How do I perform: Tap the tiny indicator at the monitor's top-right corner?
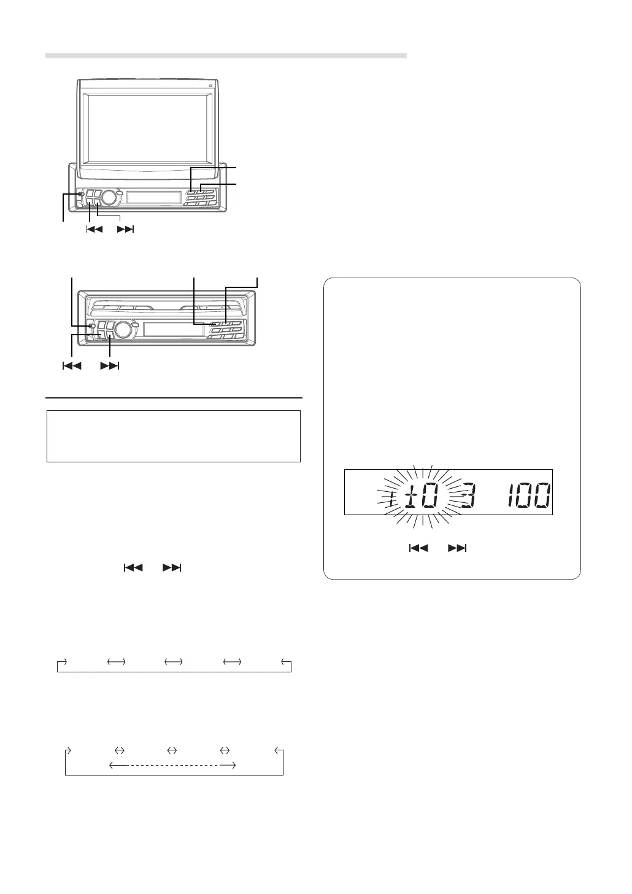coord(210,85)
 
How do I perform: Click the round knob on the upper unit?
coord(107,196)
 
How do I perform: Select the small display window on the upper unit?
coord(154,197)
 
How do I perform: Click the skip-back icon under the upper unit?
coord(94,230)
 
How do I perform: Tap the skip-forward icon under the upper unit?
coord(125,230)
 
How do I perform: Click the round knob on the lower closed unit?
coord(123,329)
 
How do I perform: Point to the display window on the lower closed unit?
coord(174,329)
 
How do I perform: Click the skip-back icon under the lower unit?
coord(72,365)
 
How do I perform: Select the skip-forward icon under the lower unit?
coord(110,365)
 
